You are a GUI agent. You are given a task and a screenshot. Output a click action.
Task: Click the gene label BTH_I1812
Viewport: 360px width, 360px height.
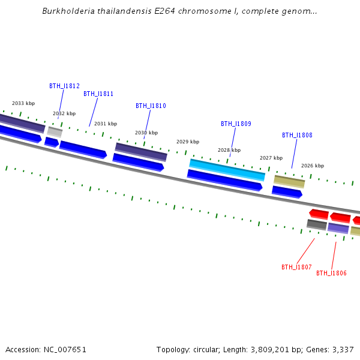point(65,86)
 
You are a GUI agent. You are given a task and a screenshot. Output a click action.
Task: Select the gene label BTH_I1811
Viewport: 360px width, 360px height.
point(98,94)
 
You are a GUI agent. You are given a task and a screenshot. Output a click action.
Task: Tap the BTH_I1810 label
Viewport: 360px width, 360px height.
point(151,106)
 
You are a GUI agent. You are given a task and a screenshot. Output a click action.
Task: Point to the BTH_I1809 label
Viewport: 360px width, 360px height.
point(236,124)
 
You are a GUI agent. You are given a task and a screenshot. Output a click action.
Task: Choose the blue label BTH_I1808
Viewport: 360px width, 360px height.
point(297,135)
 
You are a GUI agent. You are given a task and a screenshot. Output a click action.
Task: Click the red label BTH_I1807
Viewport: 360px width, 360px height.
point(296,267)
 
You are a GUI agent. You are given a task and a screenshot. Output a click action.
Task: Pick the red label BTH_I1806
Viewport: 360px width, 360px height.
point(331,273)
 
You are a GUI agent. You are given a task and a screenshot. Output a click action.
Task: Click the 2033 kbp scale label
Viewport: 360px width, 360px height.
point(23,103)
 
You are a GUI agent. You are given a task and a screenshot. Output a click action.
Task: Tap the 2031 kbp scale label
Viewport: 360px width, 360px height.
point(106,124)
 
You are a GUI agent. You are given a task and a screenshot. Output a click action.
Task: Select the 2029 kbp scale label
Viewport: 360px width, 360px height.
point(188,142)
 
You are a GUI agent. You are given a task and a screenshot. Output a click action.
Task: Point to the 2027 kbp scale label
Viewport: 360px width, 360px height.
point(271,158)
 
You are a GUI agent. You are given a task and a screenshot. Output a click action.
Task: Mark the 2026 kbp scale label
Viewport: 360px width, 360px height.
point(313,166)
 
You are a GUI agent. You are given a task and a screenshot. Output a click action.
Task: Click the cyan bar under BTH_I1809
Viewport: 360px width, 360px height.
point(227,170)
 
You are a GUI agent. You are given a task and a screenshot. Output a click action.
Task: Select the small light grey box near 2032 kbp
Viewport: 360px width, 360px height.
point(55,132)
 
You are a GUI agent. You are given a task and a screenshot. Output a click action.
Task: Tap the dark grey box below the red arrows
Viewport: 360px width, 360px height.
point(317,224)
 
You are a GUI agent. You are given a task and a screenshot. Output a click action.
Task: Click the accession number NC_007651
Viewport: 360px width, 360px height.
point(65,350)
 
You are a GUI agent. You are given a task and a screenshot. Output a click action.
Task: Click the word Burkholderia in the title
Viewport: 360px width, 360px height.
point(68,11)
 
